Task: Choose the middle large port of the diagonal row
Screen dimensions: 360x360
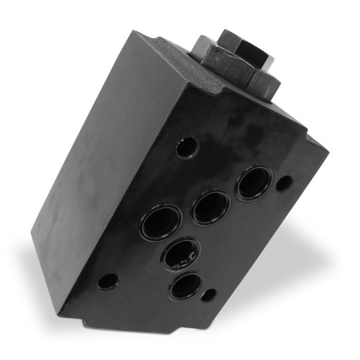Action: pos(210,206)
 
